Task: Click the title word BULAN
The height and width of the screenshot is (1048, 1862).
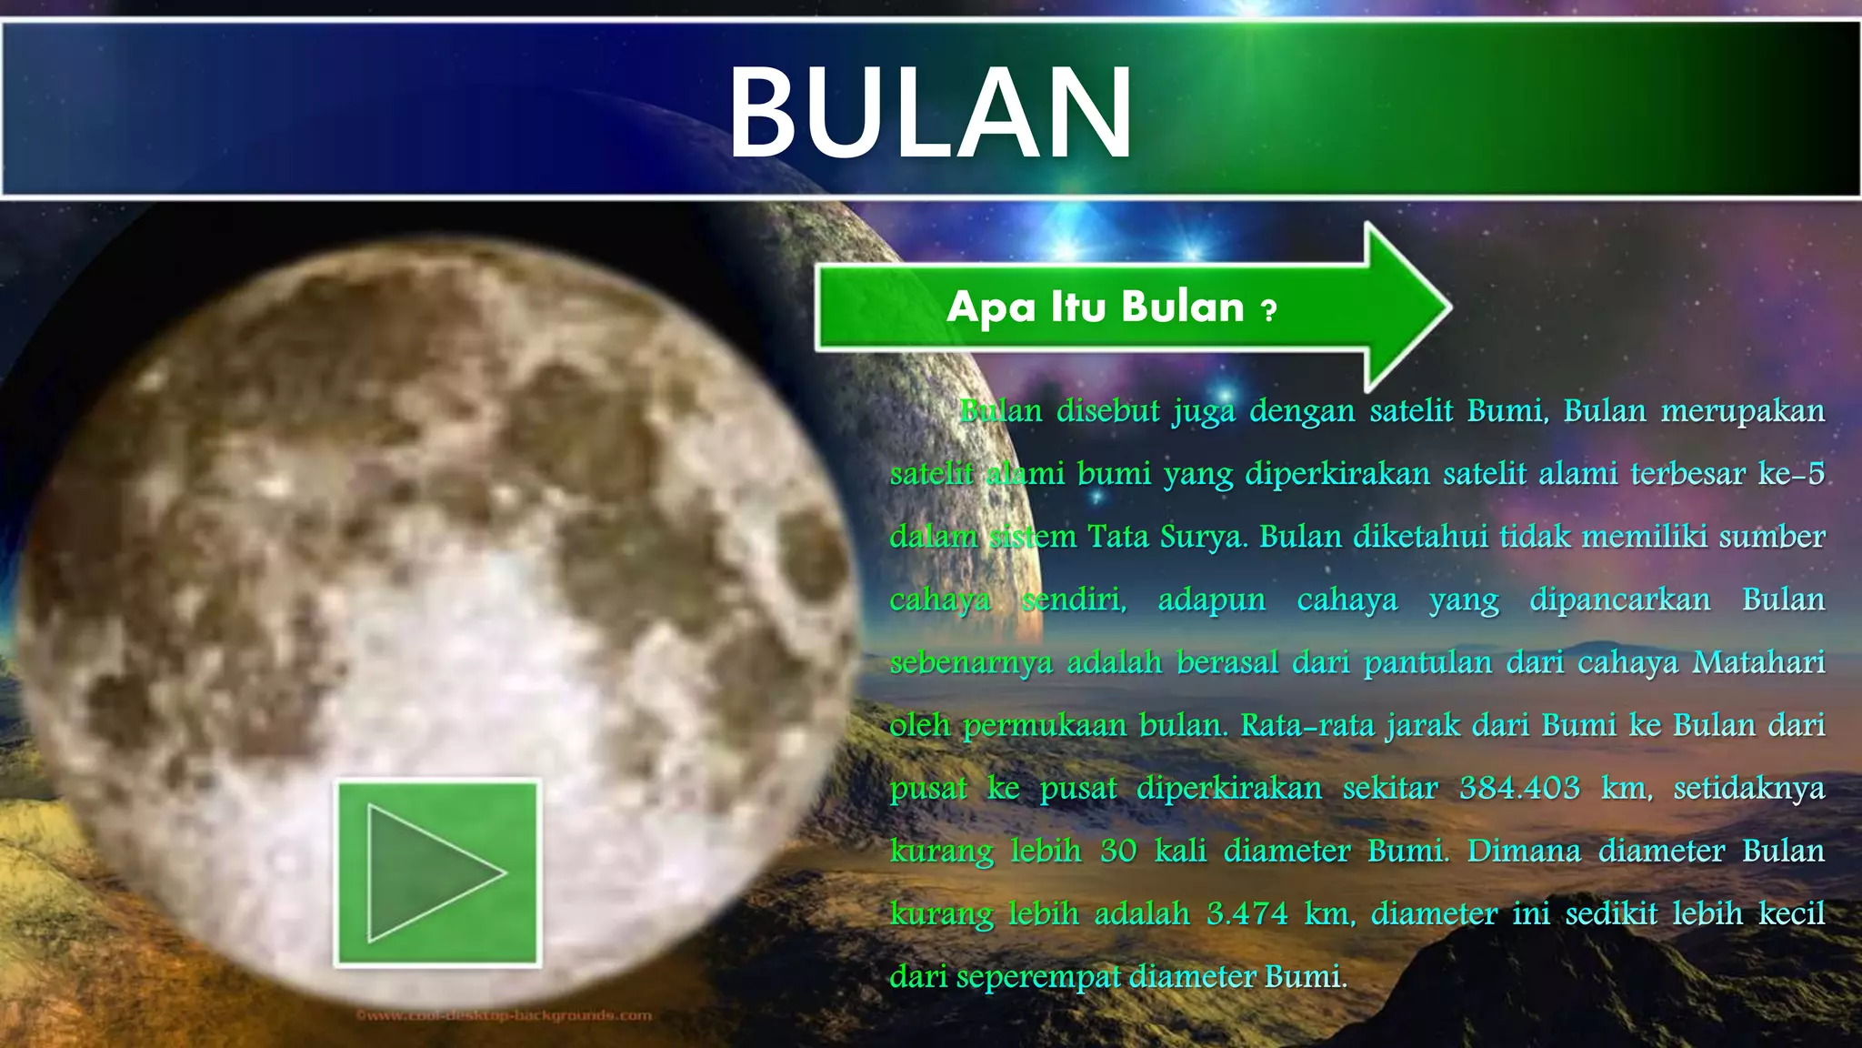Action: click(930, 114)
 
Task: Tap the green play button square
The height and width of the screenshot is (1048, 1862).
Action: click(438, 872)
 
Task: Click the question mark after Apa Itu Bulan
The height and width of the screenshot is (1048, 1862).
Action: click(1269, 311)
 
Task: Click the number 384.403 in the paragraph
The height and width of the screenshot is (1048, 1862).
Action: click(1519, 788)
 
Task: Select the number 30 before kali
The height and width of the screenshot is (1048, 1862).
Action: click(1118, 851)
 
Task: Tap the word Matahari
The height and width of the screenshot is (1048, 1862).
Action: click(1758, 662)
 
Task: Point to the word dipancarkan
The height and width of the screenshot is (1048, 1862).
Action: click(1619, 600)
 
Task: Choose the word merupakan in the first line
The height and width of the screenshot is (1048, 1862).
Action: click(1743, 411)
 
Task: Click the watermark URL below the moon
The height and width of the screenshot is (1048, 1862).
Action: click(504, 1015)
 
